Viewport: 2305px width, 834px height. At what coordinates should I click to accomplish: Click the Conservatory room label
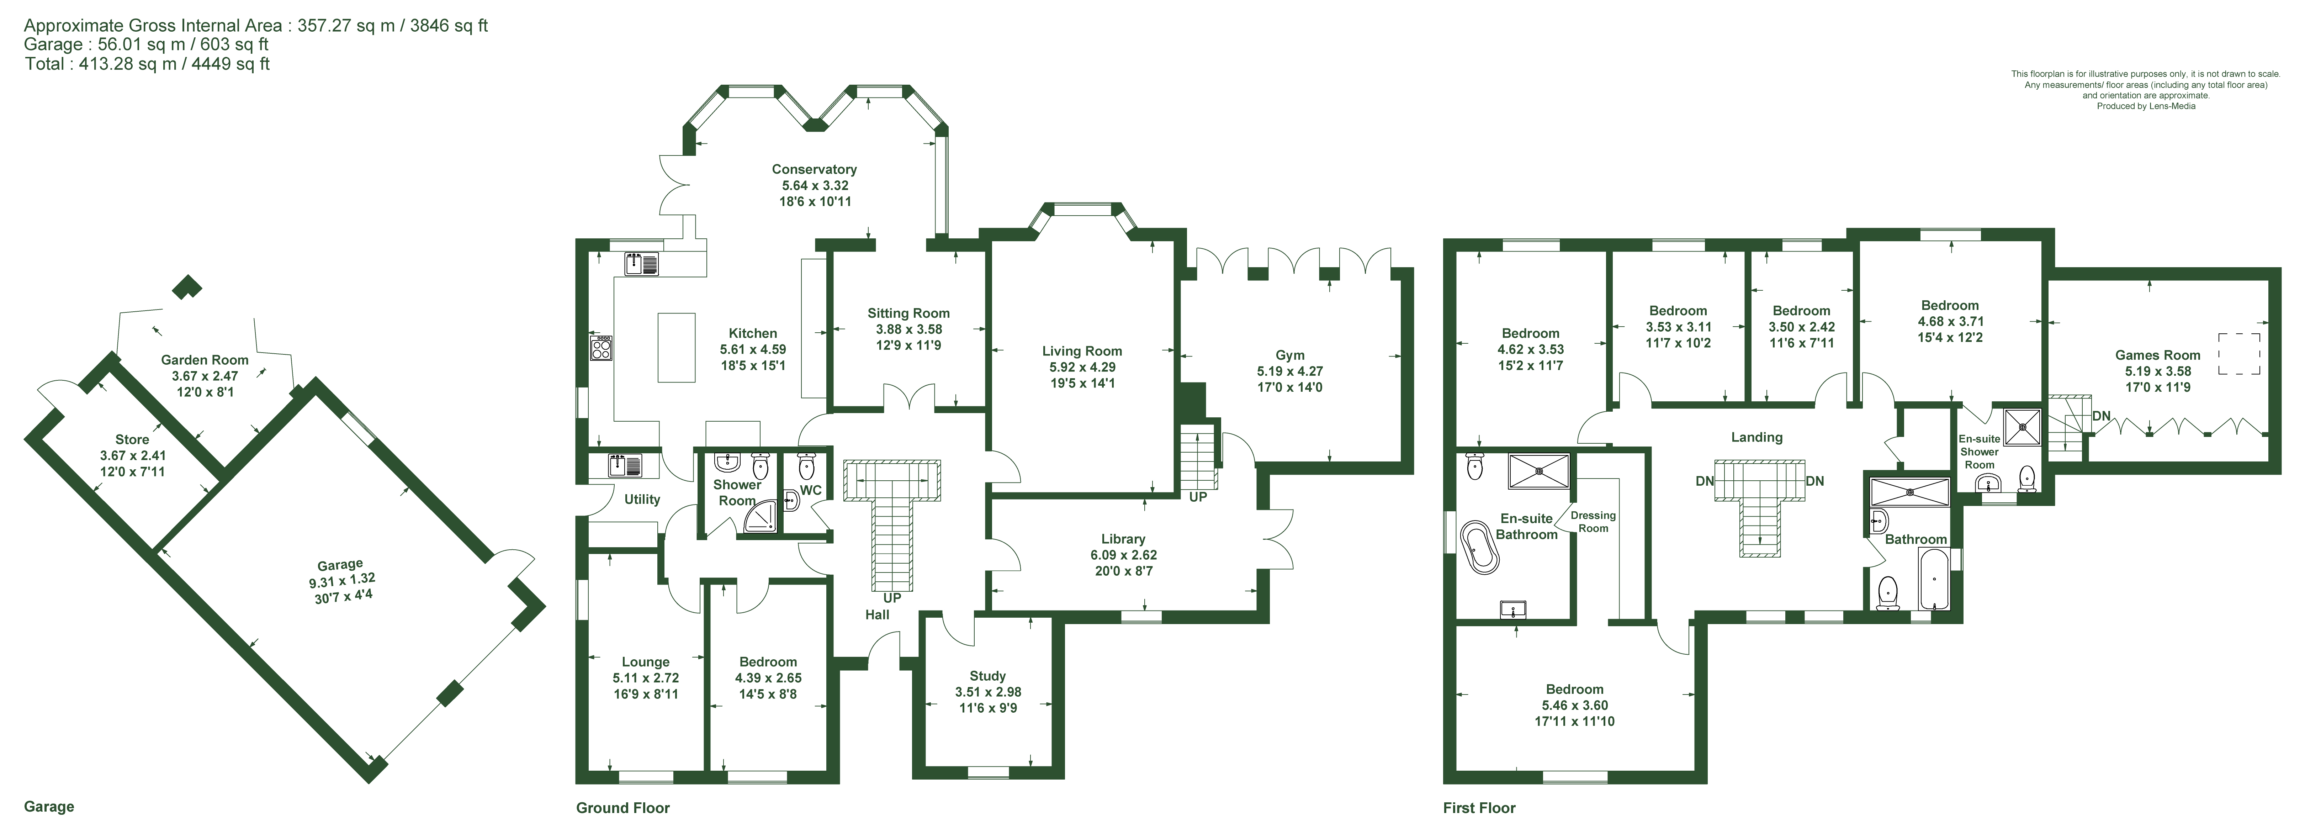814,169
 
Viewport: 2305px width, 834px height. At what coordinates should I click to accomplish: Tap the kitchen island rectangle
677,347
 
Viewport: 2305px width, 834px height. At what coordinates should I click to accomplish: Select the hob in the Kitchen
600,347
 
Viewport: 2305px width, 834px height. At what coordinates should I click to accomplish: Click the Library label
1123,539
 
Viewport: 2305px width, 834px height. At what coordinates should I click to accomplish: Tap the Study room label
988,676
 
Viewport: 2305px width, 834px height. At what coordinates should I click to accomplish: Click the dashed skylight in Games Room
2240,354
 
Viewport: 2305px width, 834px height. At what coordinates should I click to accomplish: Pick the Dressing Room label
1593,522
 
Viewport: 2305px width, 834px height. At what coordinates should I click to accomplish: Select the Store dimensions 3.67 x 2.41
132,455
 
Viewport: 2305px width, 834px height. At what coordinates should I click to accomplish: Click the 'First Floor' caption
1479,808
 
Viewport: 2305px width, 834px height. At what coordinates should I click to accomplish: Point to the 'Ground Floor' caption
623,808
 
